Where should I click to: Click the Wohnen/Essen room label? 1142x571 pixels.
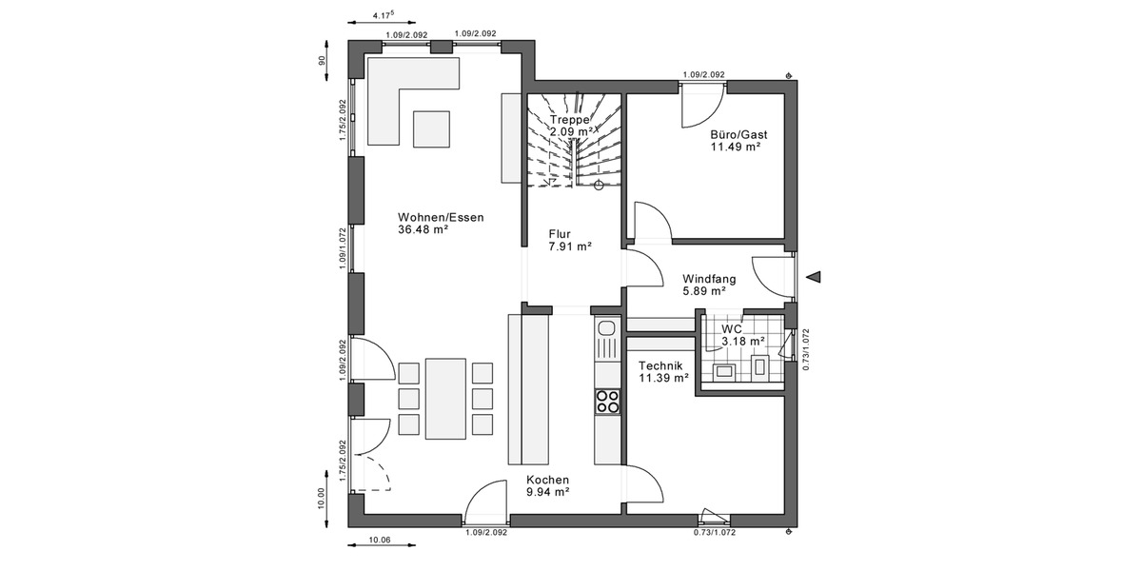click(441, 217)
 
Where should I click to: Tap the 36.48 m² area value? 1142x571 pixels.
click(423, 229)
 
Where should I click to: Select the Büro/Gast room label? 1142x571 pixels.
click(738, 134)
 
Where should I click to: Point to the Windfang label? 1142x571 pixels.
click(709, 279)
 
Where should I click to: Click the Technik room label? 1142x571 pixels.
click(661, 365)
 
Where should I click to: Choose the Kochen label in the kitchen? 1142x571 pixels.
click(548, 480)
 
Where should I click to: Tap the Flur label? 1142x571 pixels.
click(560, 233)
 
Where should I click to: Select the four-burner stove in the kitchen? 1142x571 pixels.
click(607, 402)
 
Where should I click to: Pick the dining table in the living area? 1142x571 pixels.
click(445, 398)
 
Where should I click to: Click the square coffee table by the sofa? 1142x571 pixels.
click(431, 128)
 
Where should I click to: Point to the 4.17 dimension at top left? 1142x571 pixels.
click(384, 15)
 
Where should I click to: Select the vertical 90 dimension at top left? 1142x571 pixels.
click(323, 60)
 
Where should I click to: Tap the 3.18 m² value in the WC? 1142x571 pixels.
click(743, 340)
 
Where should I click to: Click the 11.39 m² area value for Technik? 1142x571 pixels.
click(663, 378)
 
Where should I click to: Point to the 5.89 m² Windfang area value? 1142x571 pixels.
click(704, 291)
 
